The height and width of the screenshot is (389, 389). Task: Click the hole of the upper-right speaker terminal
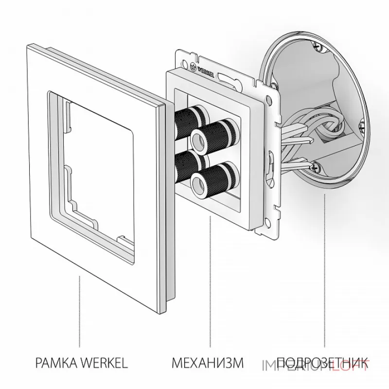[x=198, y=138]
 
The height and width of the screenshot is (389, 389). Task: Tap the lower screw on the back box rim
[x=317, y=167]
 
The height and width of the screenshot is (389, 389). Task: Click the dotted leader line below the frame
[x=80, y=306]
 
